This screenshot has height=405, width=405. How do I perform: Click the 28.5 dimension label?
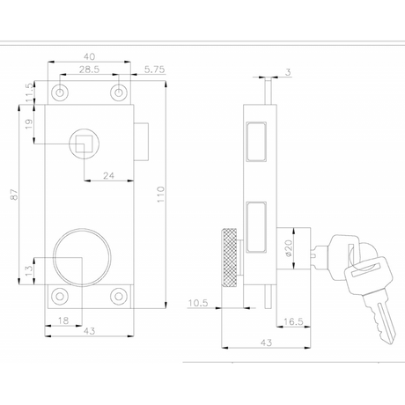coord(89,70)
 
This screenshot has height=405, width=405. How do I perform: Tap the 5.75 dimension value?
coord(155,70)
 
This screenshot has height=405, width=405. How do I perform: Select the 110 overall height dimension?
coord(161,195)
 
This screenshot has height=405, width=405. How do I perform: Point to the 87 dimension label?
coord(14,195)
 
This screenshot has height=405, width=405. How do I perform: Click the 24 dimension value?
coord(108,176)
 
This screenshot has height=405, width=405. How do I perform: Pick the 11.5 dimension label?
coord(29,92)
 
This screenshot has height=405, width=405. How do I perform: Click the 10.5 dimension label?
coord(198,303)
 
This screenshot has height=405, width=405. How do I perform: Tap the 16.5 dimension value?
coord(293,321)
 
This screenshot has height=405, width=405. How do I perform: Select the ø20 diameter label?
coord(289,248)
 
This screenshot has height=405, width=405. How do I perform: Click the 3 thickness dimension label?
coord(288,72)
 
